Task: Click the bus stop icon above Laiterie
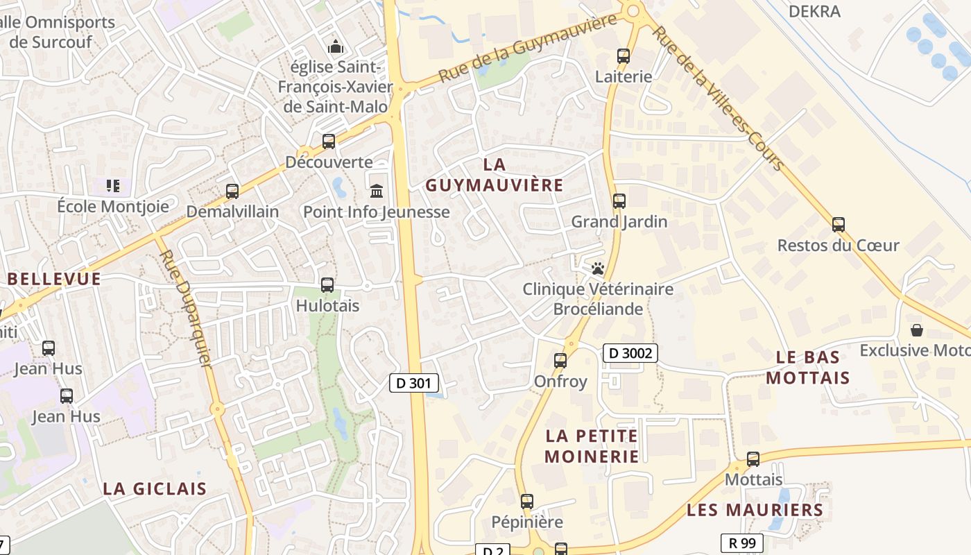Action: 624,56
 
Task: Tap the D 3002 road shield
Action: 630,353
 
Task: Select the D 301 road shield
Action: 414,382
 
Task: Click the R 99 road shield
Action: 741,543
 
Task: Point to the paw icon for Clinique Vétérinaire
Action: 598,268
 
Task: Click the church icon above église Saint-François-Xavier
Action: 336,46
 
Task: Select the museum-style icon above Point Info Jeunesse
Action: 377,191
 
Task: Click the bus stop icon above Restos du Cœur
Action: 839,224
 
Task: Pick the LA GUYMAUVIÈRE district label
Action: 494,175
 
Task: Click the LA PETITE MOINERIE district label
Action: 592,446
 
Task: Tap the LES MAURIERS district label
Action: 755,511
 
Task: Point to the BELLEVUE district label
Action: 54,279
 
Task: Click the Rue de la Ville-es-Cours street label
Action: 719,97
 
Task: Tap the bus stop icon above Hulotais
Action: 327,284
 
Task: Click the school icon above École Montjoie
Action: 113,185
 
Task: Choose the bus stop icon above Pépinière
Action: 527,501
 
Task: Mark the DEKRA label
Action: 814,11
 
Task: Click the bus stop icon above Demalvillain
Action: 232,191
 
